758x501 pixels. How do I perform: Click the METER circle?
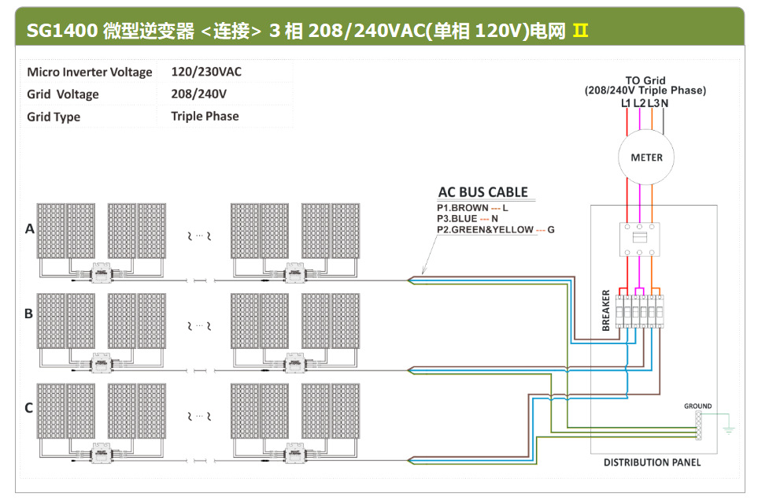click(x=646, y=157)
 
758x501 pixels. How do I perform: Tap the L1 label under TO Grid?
click(x=626, y=103)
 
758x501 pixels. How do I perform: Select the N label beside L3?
click(x=665, y=103)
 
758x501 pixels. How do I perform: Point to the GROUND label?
click(x=697, y=406)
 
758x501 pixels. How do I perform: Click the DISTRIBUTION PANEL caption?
click(x=652, y=462)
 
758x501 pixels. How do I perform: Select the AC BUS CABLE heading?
click(x=483, y=192)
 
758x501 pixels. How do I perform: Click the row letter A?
click(x=30, y=229)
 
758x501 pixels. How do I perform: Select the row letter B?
click(x=29, y=314)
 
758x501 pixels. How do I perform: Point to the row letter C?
click(x=29, y=407)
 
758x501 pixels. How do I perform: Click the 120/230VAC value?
click(x=206, y=72)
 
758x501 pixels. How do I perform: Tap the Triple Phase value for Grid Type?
click(x=205, y=116)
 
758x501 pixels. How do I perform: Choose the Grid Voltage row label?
click(x=63, y=95)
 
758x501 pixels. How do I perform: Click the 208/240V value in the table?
click(x=198, y=94)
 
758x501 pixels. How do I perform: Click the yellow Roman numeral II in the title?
click(x=580, y=31)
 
